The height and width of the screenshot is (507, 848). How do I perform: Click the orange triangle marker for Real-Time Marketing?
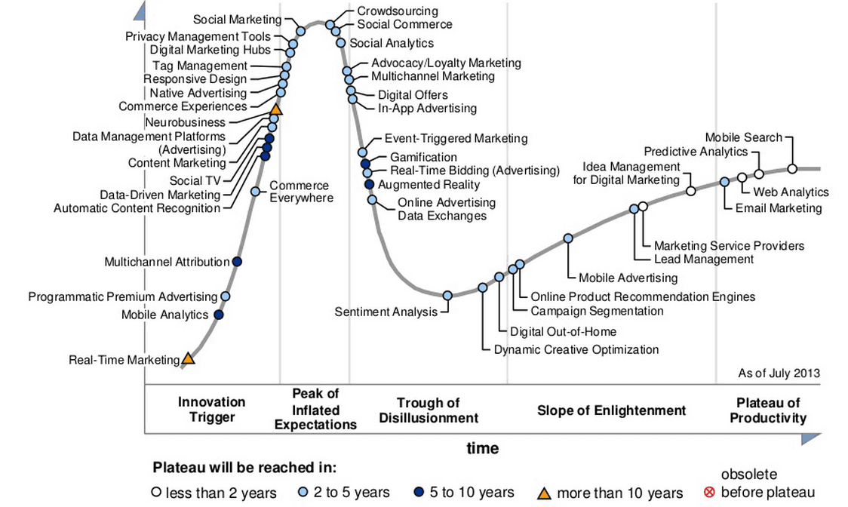(x=188, y=358)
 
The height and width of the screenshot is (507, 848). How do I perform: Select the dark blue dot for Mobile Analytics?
(x=219, y=315)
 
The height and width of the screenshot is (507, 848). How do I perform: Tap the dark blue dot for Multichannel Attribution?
(x=237, y=262)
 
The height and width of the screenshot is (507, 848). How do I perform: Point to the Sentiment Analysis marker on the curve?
(x=447, y=295)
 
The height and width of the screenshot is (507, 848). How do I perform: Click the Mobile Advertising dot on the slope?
(x=568, y=238)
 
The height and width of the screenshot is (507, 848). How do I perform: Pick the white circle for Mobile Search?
(x=792, y=169)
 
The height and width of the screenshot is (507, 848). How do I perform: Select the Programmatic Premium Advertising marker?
(x=225, y=297)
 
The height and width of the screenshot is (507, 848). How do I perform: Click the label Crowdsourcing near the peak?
(x=397, y=11)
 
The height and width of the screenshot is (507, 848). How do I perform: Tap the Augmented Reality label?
(x=429, y=184)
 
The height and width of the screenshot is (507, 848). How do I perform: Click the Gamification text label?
(x=423, y=157)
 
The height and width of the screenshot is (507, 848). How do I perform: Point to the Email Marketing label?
(x=778, y=208)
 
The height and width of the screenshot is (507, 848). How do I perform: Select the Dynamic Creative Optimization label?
(x=576, y=349)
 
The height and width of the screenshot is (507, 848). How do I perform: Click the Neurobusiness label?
(x=185, y=122)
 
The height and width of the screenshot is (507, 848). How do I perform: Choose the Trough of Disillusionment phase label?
(x=429, y=410)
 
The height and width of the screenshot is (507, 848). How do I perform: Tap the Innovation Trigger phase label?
(x=211, y=410)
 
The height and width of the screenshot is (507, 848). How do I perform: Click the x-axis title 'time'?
(x=482, y=448)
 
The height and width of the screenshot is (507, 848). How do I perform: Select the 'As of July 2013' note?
(x=779, y=373)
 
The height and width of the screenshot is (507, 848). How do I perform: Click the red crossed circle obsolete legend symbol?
(x=708, y=493)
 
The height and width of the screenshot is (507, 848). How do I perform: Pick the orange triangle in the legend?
(x=543, y=493)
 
